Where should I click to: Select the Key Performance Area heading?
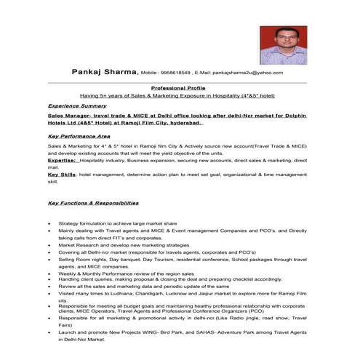[x=79, y=136]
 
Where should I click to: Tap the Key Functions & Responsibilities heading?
[x=92, y=203]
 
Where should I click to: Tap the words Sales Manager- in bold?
[x=68, y=116]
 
